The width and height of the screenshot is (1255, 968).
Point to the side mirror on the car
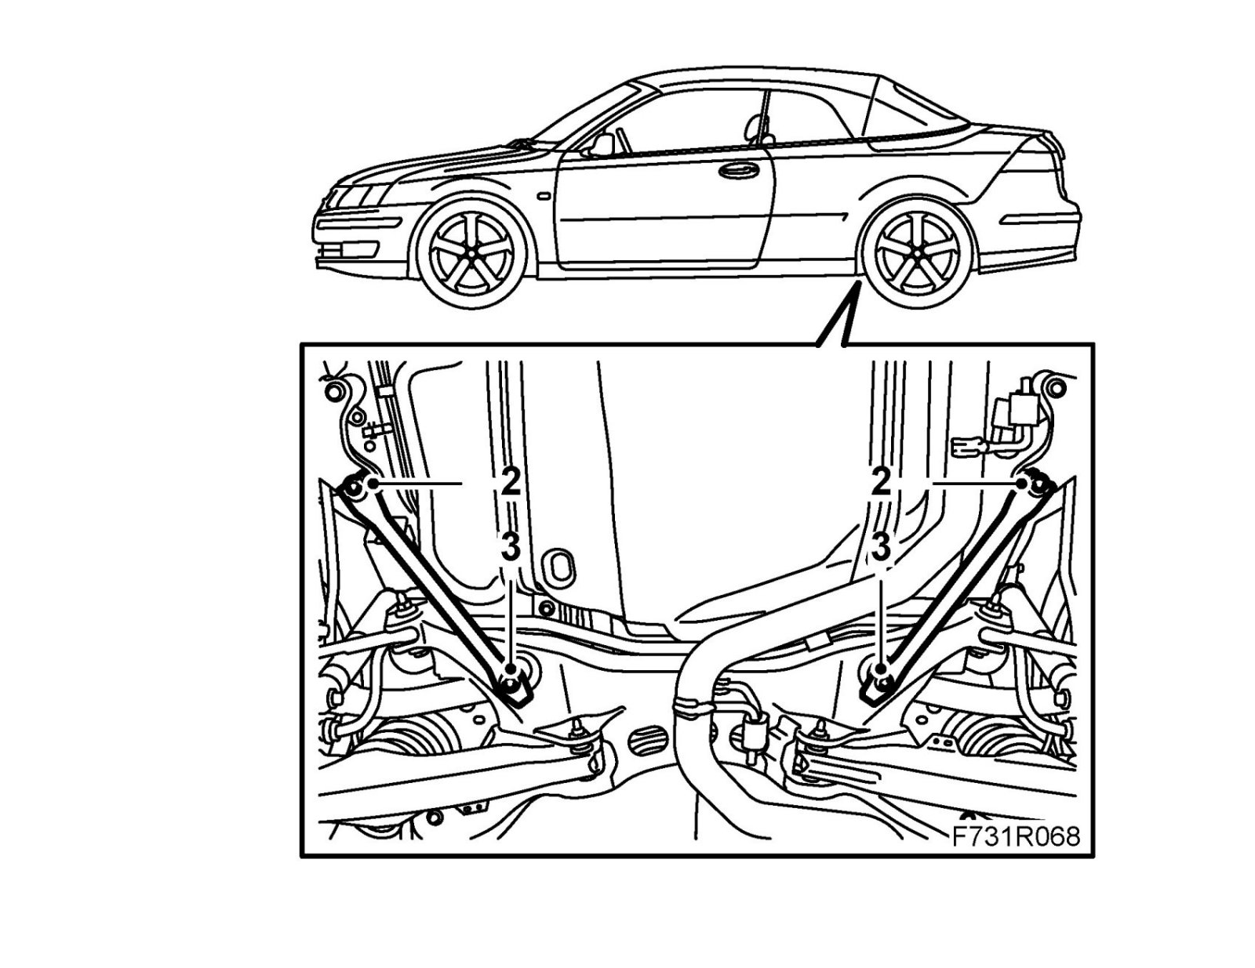(602, 144)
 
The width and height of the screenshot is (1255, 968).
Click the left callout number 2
(511, 482)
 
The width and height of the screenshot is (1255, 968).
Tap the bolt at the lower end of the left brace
(513, 685)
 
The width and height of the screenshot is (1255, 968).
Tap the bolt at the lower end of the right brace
(875, 685)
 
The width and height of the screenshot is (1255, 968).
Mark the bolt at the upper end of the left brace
(352, 491)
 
